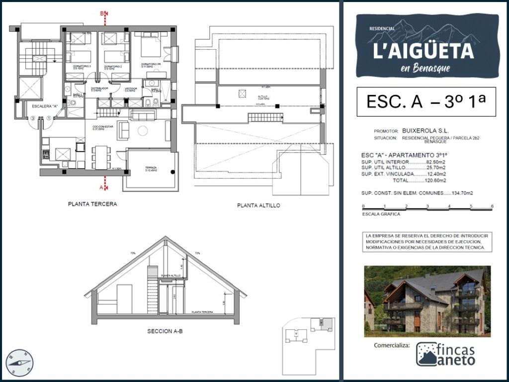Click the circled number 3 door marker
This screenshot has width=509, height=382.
pos(32,118)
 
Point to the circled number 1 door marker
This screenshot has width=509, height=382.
pos(49,118)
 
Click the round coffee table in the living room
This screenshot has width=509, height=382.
pos(143,131)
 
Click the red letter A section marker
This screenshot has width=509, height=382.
pos(101,188)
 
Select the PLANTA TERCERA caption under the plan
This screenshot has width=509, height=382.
pos(92,204)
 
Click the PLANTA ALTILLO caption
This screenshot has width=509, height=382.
pos(258,205)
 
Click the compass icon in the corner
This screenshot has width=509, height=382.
pos(20,363)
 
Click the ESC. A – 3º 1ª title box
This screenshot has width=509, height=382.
pos(426,101)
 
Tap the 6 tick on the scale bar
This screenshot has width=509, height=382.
pos(492,206)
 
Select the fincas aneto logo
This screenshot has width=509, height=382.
pos(445,354)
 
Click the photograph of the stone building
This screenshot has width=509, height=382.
pos(427,301)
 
